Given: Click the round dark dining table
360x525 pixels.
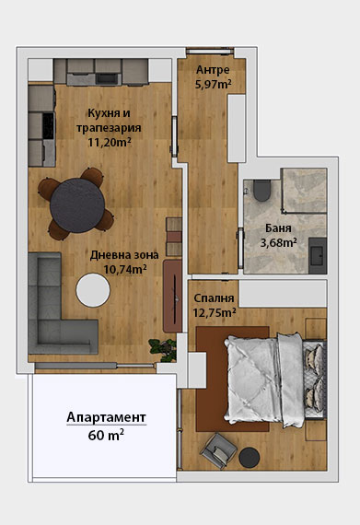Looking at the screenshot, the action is click(77, 205).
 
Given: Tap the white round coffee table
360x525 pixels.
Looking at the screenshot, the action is click(93, 290).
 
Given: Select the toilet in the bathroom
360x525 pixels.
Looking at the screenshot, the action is click(261, 191).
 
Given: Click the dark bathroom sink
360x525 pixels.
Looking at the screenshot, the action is click(317, 255).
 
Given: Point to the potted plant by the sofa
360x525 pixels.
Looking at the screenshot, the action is click(164, 350).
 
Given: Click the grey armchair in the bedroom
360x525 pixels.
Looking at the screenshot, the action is click(219, 450).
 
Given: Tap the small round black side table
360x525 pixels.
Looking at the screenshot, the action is click(250, 457).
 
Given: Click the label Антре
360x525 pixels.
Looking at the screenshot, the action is click(213, 70).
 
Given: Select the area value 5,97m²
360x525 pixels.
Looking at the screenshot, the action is click(213, 84).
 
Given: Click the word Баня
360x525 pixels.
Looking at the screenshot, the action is click(278, 228).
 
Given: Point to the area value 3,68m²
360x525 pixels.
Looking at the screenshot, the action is click(279, 242).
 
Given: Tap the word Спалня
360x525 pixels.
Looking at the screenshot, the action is click(214, 298).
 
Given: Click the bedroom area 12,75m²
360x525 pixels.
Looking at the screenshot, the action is click(215, 312).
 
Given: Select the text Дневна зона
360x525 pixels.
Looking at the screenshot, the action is click(124, 255).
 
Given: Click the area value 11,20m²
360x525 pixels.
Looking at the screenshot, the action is click(110, 142).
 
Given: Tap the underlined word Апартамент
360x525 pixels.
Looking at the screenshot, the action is click(107, 417).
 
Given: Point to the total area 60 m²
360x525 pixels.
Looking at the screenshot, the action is click(106, 436).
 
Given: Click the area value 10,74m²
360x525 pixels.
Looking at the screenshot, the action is click(125, 269).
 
